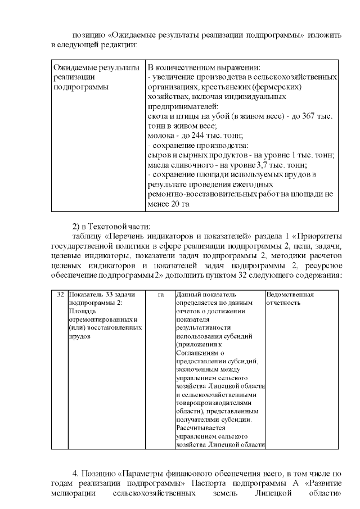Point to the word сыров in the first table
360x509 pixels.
[157, 155]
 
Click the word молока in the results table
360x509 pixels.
[160, 136]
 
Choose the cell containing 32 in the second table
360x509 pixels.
[60, 294]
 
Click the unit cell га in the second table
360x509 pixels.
[161, 294]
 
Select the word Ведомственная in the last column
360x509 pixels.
[290, 294]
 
